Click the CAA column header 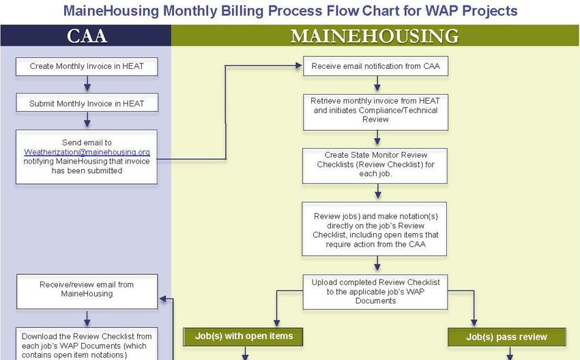[x=87, y=36]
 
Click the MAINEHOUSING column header [x=375, y=36]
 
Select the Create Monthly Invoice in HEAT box [x=87, y=67]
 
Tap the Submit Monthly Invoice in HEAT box [x=87, y=103]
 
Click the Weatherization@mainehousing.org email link [x=87, y=152]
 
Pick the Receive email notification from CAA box [x=375, y=66]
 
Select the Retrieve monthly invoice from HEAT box [x=375, y=112]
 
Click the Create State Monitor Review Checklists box [x=375, y=166]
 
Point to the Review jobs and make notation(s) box [x=375, y=229]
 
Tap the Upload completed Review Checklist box [x=375, y=292]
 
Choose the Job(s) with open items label [x=243, y=337]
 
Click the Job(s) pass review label [x=507, y=337]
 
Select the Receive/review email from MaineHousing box [x=87, y=292]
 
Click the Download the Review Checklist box [x=87, y=344]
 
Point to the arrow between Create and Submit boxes [x=87, y=84]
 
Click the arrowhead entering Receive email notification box [x=299, y=65]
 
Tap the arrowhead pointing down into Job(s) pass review [x=474, y=323]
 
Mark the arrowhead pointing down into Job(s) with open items [x=276, y=323]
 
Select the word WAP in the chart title [x=441, y=10]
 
